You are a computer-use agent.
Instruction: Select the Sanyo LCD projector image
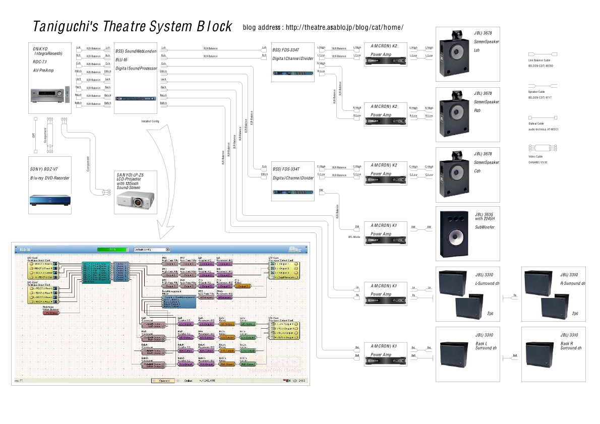(x=134, y=199)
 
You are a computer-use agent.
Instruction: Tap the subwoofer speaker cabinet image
(x=453, y=234)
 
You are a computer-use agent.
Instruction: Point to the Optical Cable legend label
(x=536, y=124)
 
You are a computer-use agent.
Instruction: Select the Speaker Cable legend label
(x=536, y=92)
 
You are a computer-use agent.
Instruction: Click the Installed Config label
(x=151, y=121)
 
